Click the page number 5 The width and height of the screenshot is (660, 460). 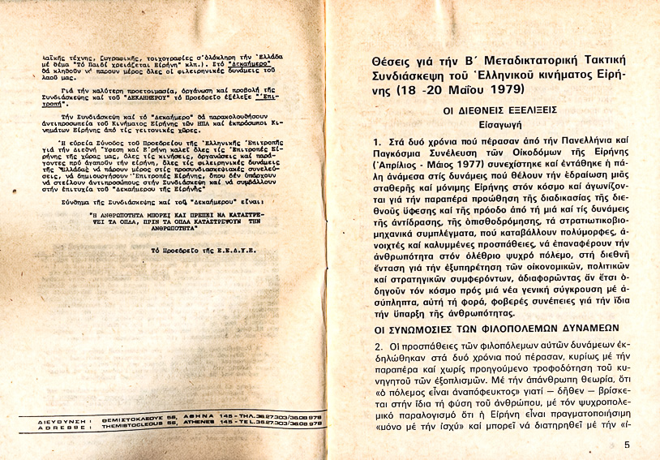tap(628, 445)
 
